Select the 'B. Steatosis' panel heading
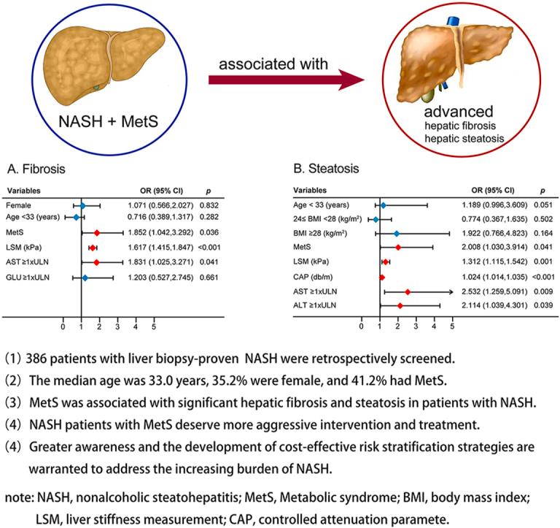coord(325,169)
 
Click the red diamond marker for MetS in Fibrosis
coord(96,232)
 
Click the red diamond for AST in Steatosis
coord(408,291)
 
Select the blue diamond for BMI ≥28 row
coord(397,234)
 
